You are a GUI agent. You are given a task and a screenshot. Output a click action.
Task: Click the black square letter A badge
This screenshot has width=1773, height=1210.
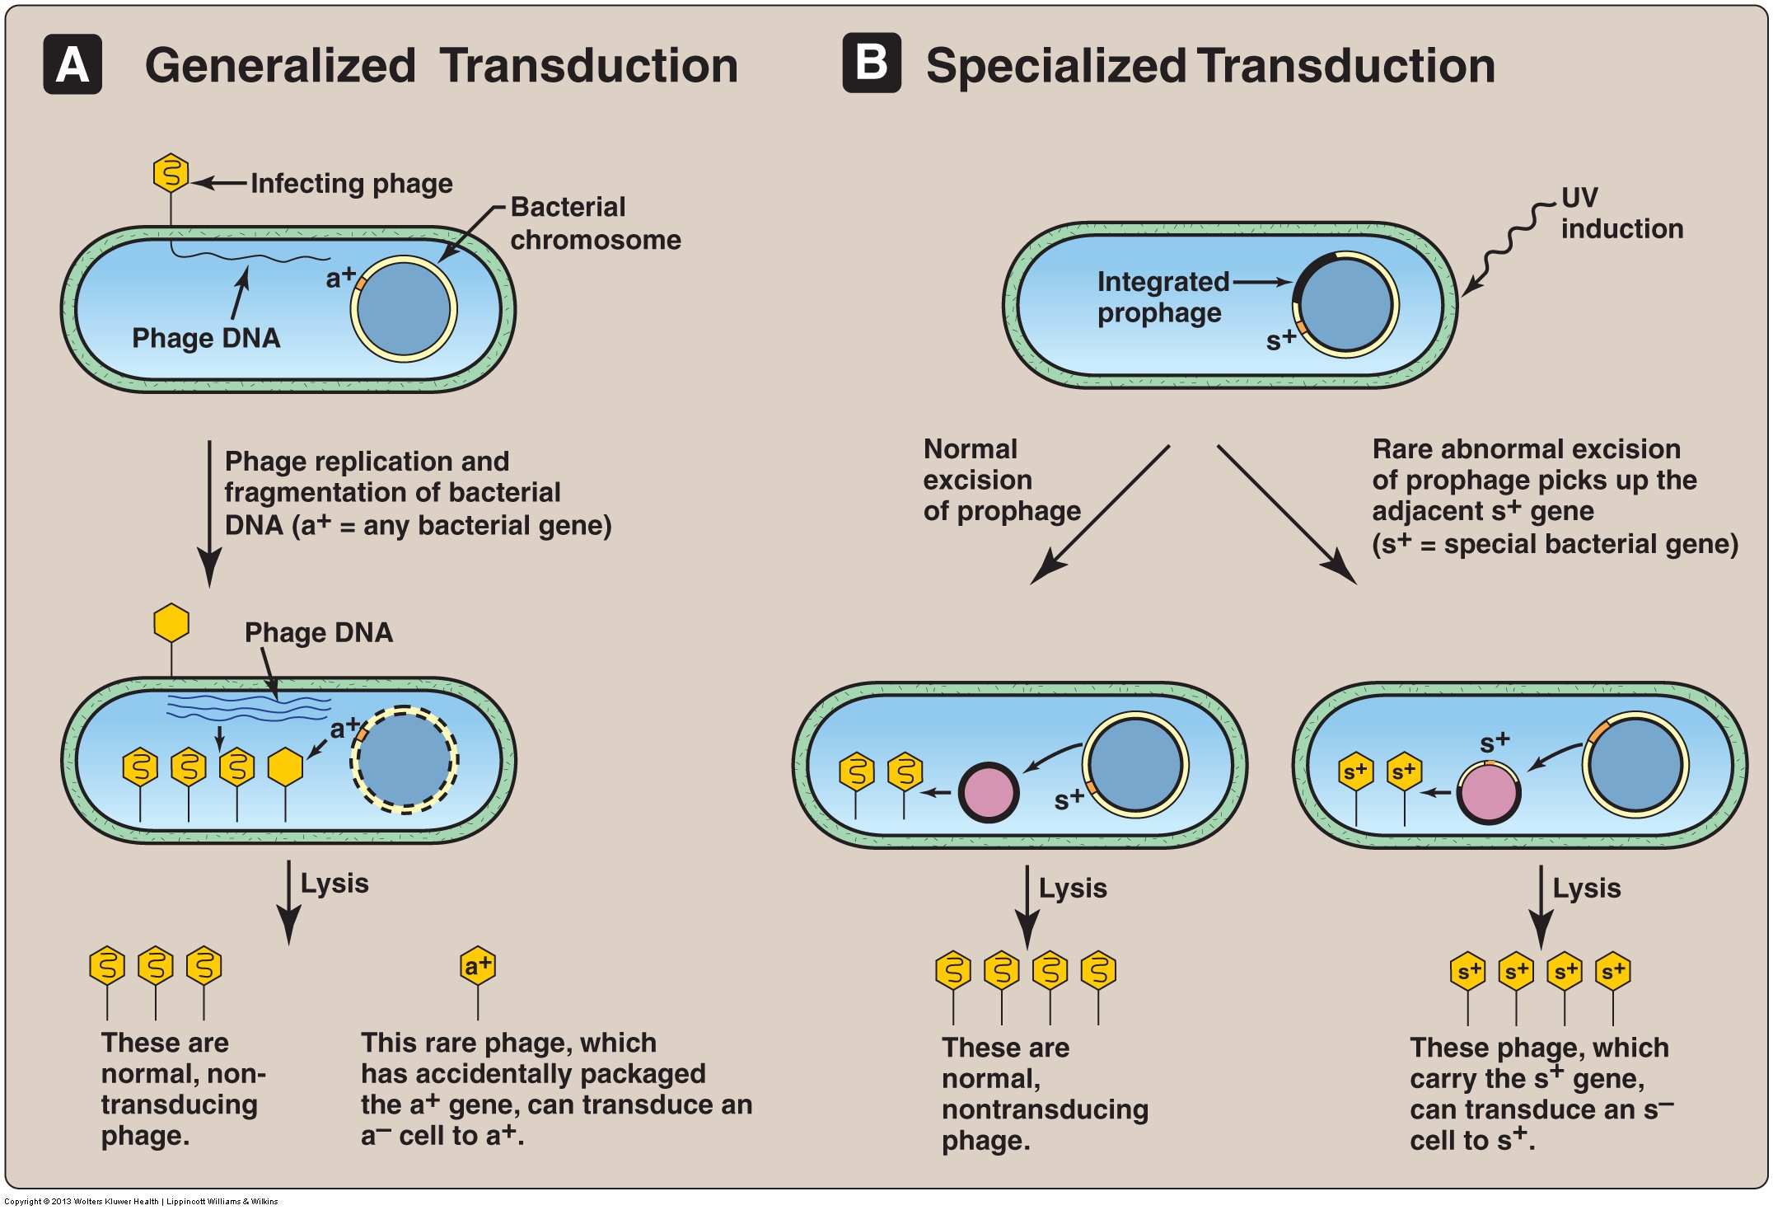coord(73,64)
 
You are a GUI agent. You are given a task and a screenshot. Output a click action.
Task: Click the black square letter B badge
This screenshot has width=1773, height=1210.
coord(871,63)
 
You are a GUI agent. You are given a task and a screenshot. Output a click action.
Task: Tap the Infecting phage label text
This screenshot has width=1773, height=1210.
coord(352,183)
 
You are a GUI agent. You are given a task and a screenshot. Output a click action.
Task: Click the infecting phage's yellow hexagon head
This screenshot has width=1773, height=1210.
coord(171,173)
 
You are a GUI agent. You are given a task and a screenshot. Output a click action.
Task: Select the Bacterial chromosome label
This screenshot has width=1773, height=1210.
coord(595,223)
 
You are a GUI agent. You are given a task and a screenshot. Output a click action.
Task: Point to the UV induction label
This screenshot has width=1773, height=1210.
coord(1621,213)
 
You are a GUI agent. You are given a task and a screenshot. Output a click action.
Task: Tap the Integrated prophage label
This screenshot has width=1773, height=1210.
coord(1163,297)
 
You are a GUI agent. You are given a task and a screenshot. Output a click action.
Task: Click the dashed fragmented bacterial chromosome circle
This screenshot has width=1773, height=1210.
coord(405,760)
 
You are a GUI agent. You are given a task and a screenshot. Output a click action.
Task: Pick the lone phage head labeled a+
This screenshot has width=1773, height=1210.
coord(478,965)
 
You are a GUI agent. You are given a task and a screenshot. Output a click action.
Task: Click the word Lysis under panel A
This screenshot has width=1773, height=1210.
coord(334,884)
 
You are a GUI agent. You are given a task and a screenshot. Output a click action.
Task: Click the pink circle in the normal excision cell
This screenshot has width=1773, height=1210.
coord(989,793)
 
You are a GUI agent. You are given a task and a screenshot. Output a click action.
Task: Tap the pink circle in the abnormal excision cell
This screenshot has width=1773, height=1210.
coord(1489,793)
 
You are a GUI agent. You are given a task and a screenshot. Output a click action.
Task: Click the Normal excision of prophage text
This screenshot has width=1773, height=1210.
coord(1001,481)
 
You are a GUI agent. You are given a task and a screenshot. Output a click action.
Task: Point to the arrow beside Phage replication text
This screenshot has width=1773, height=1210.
coord(209,511)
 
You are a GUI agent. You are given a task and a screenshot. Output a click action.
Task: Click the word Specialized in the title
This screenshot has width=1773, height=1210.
coord(1058,66)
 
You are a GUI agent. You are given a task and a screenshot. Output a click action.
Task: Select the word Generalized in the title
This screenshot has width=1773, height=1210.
coord(280,66)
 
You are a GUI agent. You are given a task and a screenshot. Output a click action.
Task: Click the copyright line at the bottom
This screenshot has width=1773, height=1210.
coord(141,1202)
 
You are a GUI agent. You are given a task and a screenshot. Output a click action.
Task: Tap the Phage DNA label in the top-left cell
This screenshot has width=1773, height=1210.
coord(206,338)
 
